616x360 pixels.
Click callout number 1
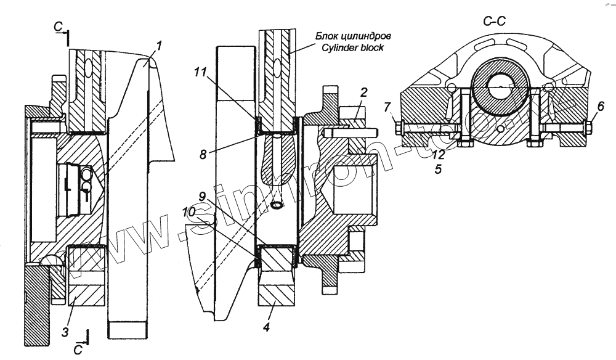pyautogui.click(x=159, y=46)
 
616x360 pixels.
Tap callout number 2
pyautogui.click(x=364, y=93)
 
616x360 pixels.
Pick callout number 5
pyautogui.click(x=437, y=168)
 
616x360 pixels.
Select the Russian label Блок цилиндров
pyautogui.click(x=354, y=37)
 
